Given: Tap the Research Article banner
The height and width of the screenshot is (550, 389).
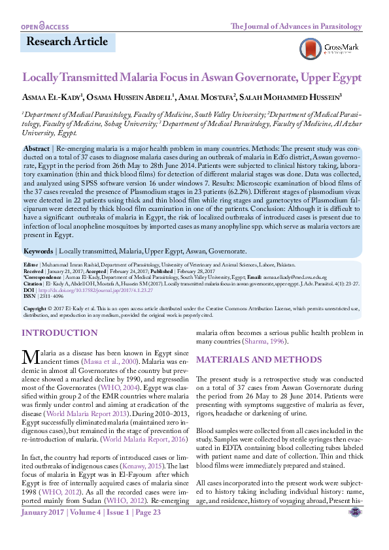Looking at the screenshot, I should point(67,42).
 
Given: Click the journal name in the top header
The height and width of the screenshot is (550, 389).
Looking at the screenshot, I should point(296,26).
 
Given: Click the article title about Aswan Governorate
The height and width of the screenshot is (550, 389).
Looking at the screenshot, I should point(192,77).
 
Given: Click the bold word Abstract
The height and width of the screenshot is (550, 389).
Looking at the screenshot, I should point(36,150).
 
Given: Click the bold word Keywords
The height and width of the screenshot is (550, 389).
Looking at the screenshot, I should point(39,251).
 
